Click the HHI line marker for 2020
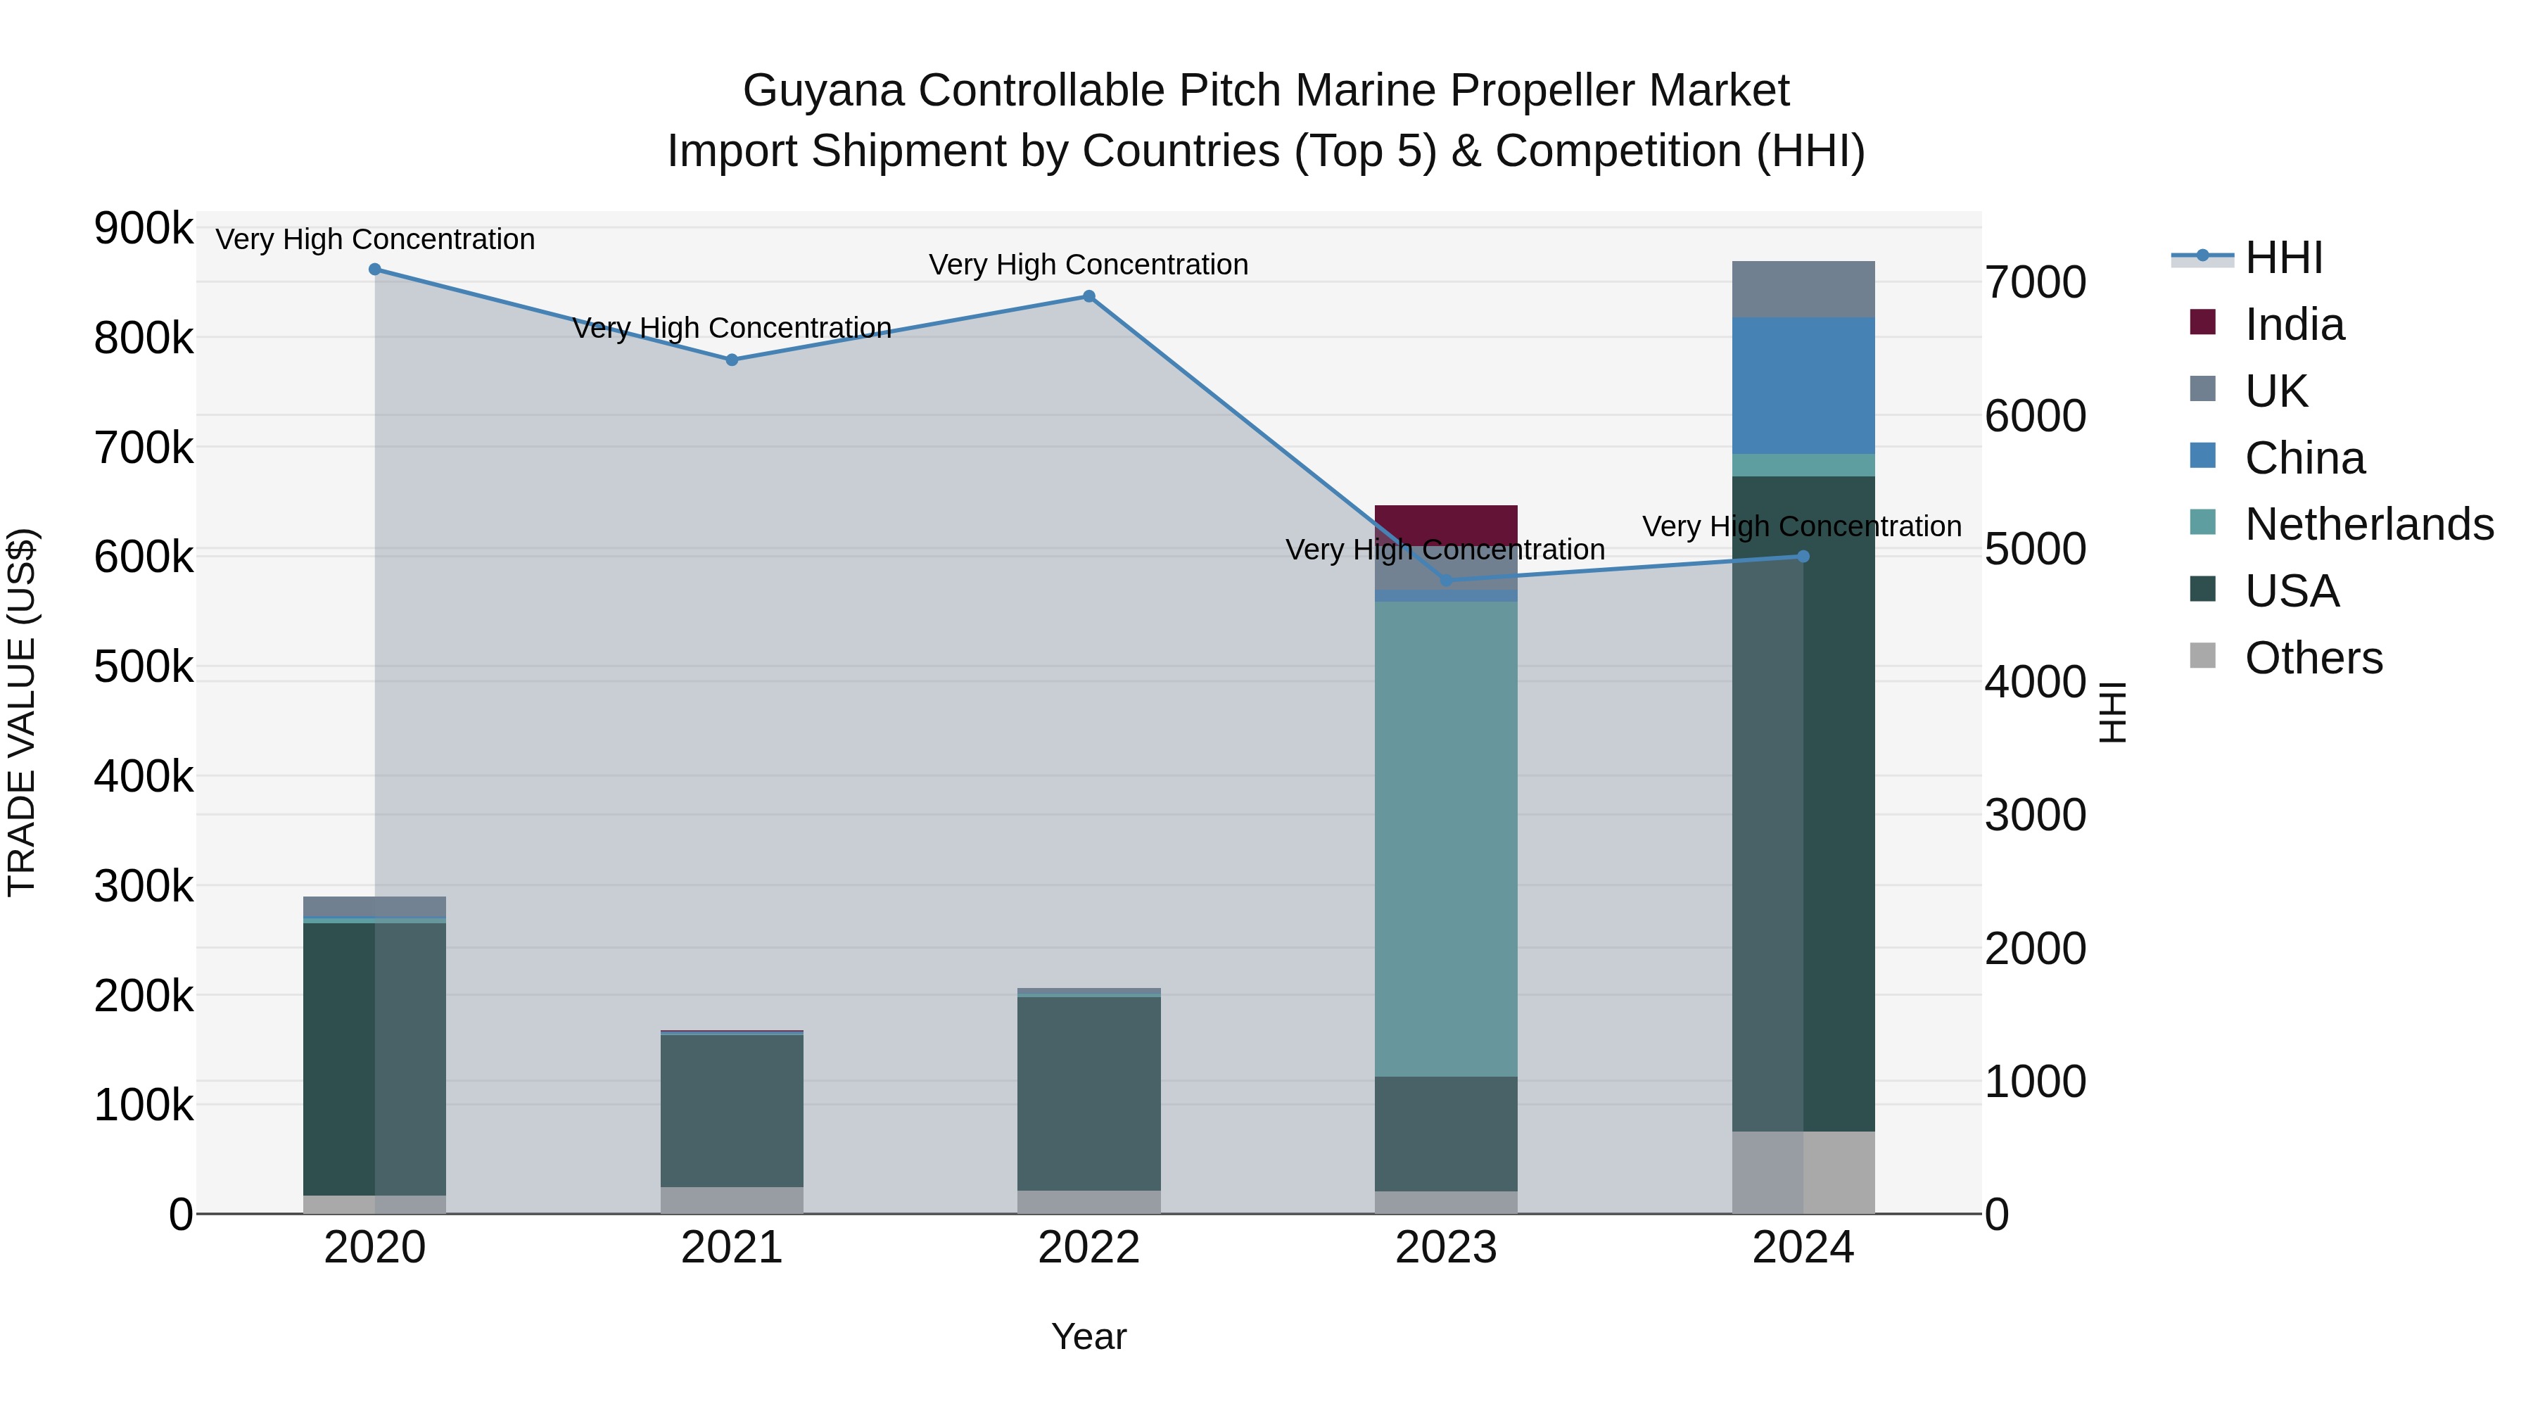point(374,270)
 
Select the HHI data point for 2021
point(732,360)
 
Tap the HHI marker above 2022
point(1088,296)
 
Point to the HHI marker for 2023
point(1445,581)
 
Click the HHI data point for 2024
point(1803,557)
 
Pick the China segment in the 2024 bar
point(1803,386)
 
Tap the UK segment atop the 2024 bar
point(1803,289)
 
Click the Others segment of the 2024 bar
point(1803,1172)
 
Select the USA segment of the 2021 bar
point(732,1111)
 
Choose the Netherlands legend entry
point(2368,524)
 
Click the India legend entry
point(2293,324)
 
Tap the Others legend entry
point(2313,658)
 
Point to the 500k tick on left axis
point(144,667)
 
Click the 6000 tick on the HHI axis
point(2034,416)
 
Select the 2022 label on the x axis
point(1088,1248)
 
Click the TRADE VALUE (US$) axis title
point(22,712)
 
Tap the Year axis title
point(1088,1336)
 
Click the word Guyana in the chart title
point(823,91)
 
